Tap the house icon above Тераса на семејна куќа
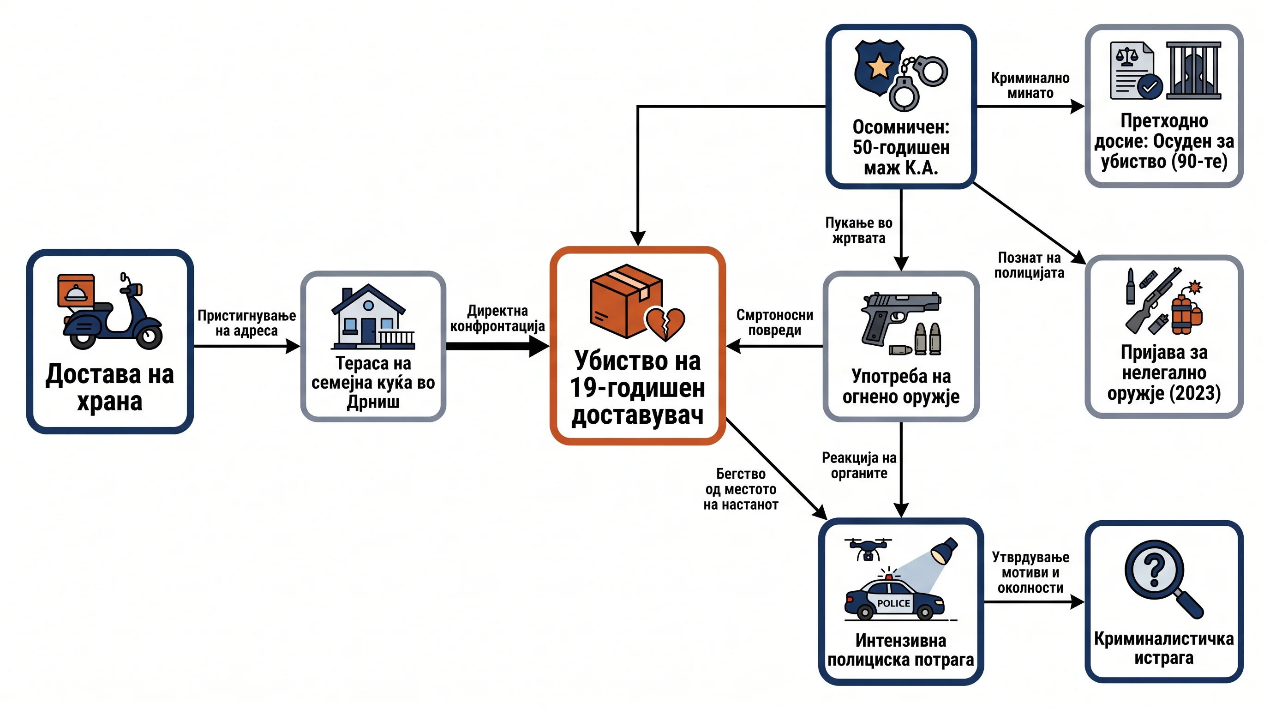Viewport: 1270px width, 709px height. [373, 317]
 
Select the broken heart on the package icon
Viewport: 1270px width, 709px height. [665, 324]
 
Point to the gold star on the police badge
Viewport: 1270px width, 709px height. [880, 66]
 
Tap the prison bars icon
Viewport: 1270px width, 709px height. [1193, 71]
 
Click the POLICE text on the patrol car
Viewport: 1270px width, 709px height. [893, 603]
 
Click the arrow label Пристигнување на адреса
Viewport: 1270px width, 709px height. [246, 323]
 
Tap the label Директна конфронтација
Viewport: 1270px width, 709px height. [497, 318]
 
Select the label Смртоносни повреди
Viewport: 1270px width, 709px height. [774, 323]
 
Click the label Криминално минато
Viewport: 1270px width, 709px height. [1030, 85]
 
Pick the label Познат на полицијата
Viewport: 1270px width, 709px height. [1029, 265]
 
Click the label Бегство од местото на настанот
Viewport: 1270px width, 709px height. [741, 489]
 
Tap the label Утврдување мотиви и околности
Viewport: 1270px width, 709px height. [1030, 572]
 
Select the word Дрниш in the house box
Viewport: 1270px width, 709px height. [373, 403]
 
